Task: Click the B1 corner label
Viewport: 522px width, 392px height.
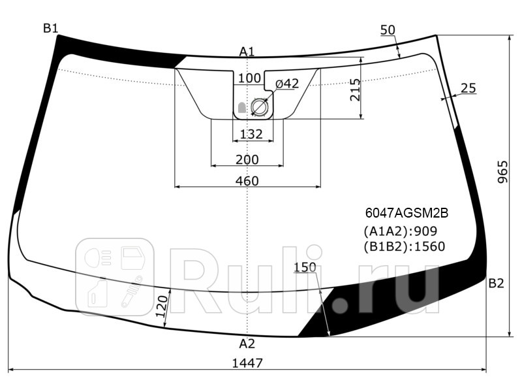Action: [51, 27]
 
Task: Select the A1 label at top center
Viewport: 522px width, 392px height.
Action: [247, 51]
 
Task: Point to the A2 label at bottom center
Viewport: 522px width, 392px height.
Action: [247, 344]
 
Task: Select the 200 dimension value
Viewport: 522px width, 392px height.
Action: [247, 159]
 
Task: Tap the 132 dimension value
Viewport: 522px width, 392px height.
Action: [251, 135]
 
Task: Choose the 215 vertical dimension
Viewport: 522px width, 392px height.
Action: [354, 89]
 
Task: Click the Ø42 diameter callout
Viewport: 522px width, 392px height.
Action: [286, 84]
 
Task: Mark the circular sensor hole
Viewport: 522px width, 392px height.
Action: [260, 108]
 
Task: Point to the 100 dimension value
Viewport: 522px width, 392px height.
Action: [249, 78]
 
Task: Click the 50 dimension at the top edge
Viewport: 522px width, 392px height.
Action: [388, 29]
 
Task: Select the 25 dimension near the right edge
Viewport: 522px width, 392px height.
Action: [467, 88]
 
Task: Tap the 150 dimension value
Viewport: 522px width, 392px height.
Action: [305, 267]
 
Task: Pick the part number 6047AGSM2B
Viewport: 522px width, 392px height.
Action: [407, 213]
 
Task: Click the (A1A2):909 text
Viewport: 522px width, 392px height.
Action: [399, 231]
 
